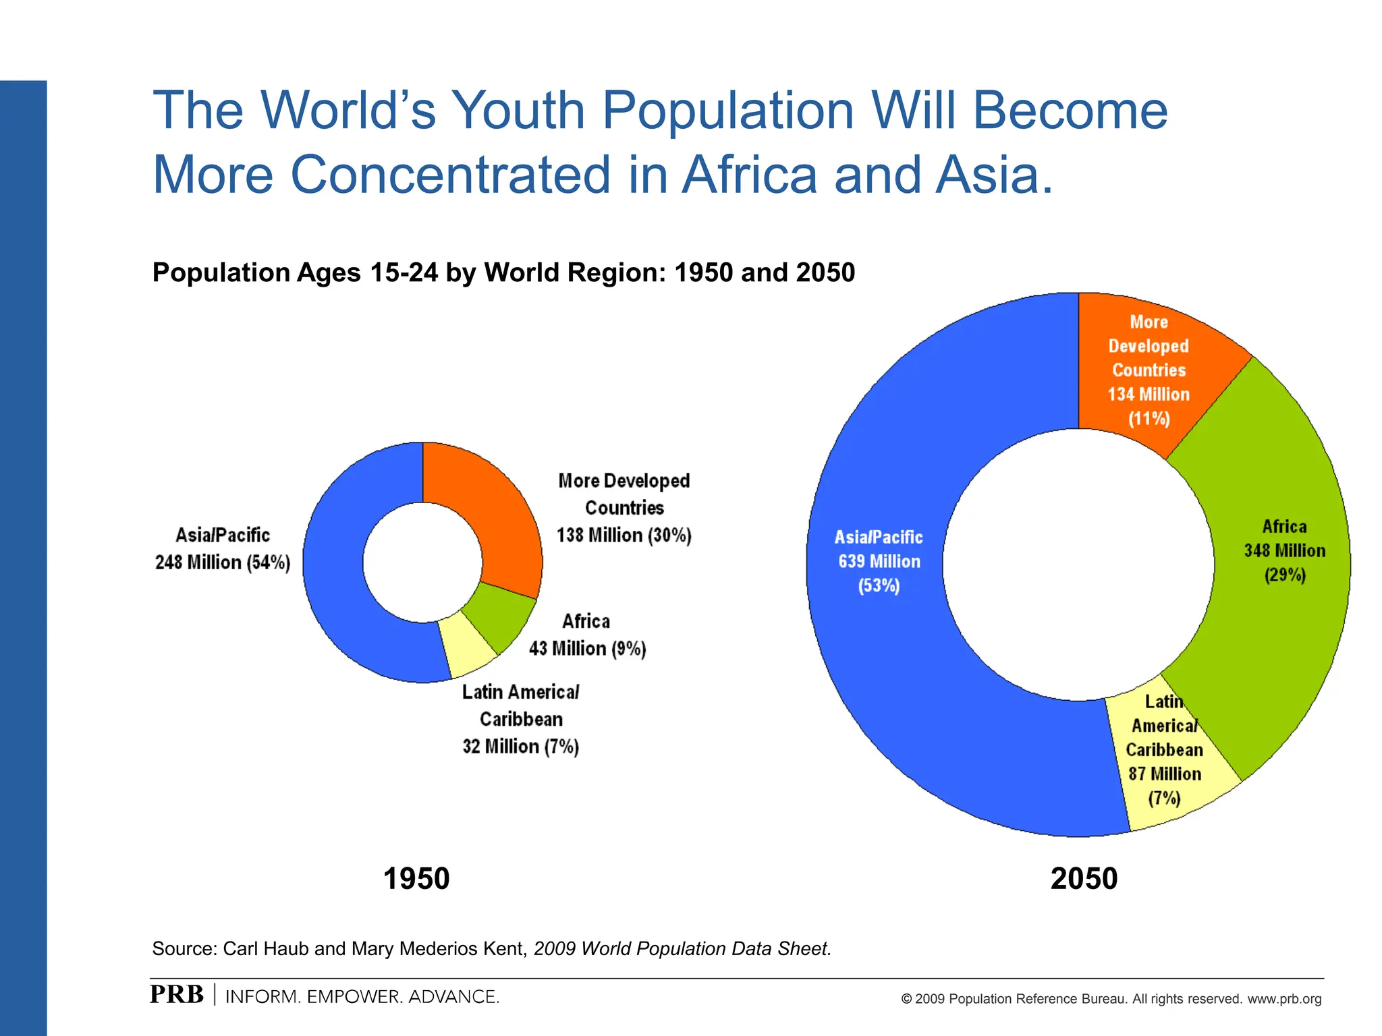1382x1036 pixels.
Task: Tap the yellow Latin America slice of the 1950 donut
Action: (x=466, y=647)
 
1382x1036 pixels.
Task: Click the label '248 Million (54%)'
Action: (x=223, y=563)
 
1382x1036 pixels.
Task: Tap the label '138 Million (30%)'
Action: (x=624, y=536)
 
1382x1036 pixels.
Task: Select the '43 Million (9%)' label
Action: (x=587, y=649)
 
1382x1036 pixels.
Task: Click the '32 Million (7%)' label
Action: (x=520, y=747)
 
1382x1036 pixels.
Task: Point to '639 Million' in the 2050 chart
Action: (x=879, y=561)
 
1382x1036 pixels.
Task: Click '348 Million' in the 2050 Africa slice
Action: (x=1284, y=550)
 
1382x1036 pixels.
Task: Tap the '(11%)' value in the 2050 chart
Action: (x=1149, y=418)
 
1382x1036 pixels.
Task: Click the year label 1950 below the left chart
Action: (x=416, y=879)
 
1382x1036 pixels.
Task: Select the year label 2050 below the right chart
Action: (x=1084, y=879)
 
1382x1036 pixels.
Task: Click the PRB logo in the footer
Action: (x=176, y=995)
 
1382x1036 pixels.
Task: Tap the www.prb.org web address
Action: (x=1284, y=999)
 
